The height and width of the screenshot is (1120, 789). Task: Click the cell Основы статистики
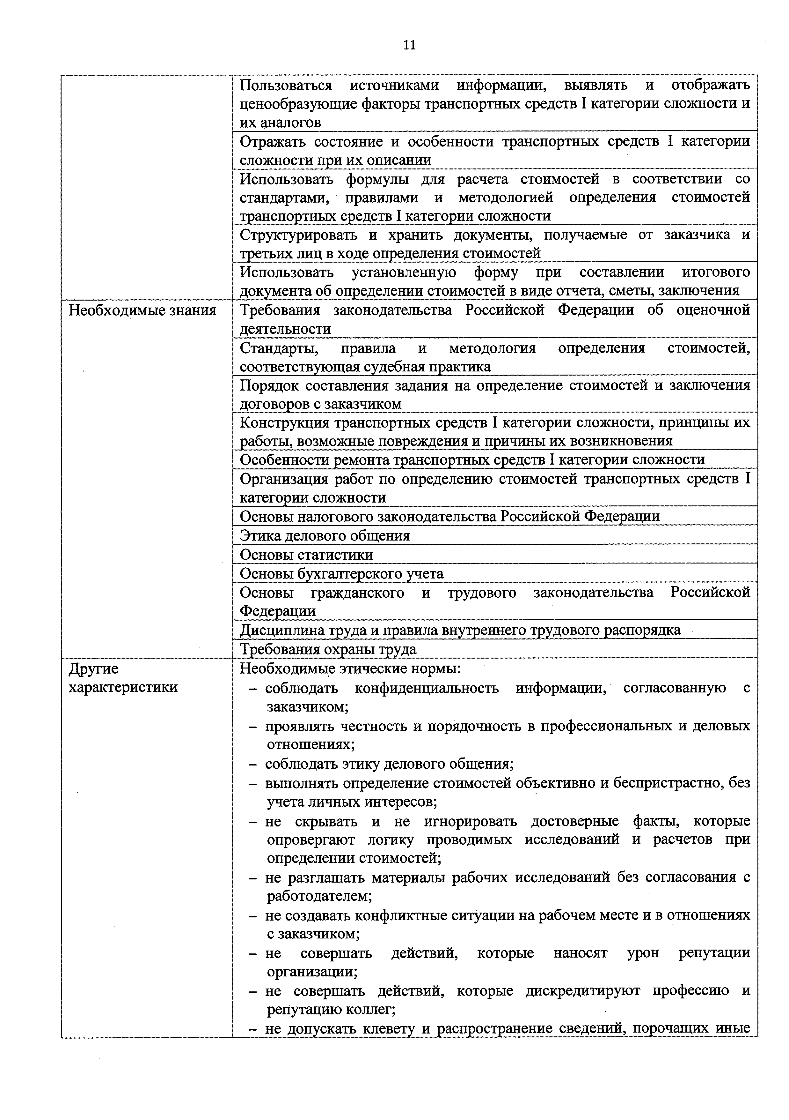[x=307, y=555]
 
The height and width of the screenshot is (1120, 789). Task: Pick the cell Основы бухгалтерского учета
[x=342, y=574]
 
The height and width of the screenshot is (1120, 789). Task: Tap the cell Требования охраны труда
[x=328, y=649]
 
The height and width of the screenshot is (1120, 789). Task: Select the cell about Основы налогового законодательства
[x=449, y=517]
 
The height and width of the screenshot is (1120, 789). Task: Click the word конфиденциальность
[x=427, y=688]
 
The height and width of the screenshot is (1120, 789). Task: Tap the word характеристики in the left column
[x=123, y=688]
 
